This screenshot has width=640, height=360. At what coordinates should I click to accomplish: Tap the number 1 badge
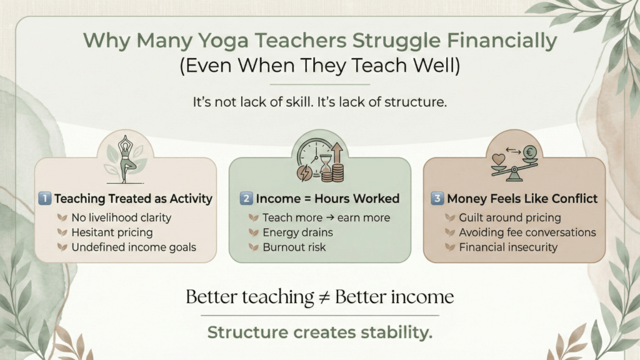44,198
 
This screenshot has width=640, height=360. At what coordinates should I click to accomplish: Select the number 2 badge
246,198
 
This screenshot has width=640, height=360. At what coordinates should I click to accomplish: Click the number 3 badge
437,198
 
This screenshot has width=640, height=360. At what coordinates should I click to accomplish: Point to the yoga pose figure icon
125,159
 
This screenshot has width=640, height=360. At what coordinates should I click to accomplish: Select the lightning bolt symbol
304,172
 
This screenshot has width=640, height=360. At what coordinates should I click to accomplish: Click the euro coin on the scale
529,152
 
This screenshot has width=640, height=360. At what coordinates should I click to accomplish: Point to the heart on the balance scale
498,159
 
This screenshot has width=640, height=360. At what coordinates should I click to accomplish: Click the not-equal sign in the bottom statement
324,297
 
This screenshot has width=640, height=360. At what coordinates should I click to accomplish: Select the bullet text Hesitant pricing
112,232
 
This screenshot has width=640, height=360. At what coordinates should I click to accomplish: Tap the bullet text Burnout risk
294,247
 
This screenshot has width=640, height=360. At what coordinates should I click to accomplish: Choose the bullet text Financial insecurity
508,247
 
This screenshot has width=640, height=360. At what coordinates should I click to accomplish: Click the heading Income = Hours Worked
327,198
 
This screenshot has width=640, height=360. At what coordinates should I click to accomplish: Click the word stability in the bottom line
396,332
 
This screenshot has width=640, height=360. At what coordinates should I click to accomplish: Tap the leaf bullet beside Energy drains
254,232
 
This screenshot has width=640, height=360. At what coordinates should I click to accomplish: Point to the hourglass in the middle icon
325,165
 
